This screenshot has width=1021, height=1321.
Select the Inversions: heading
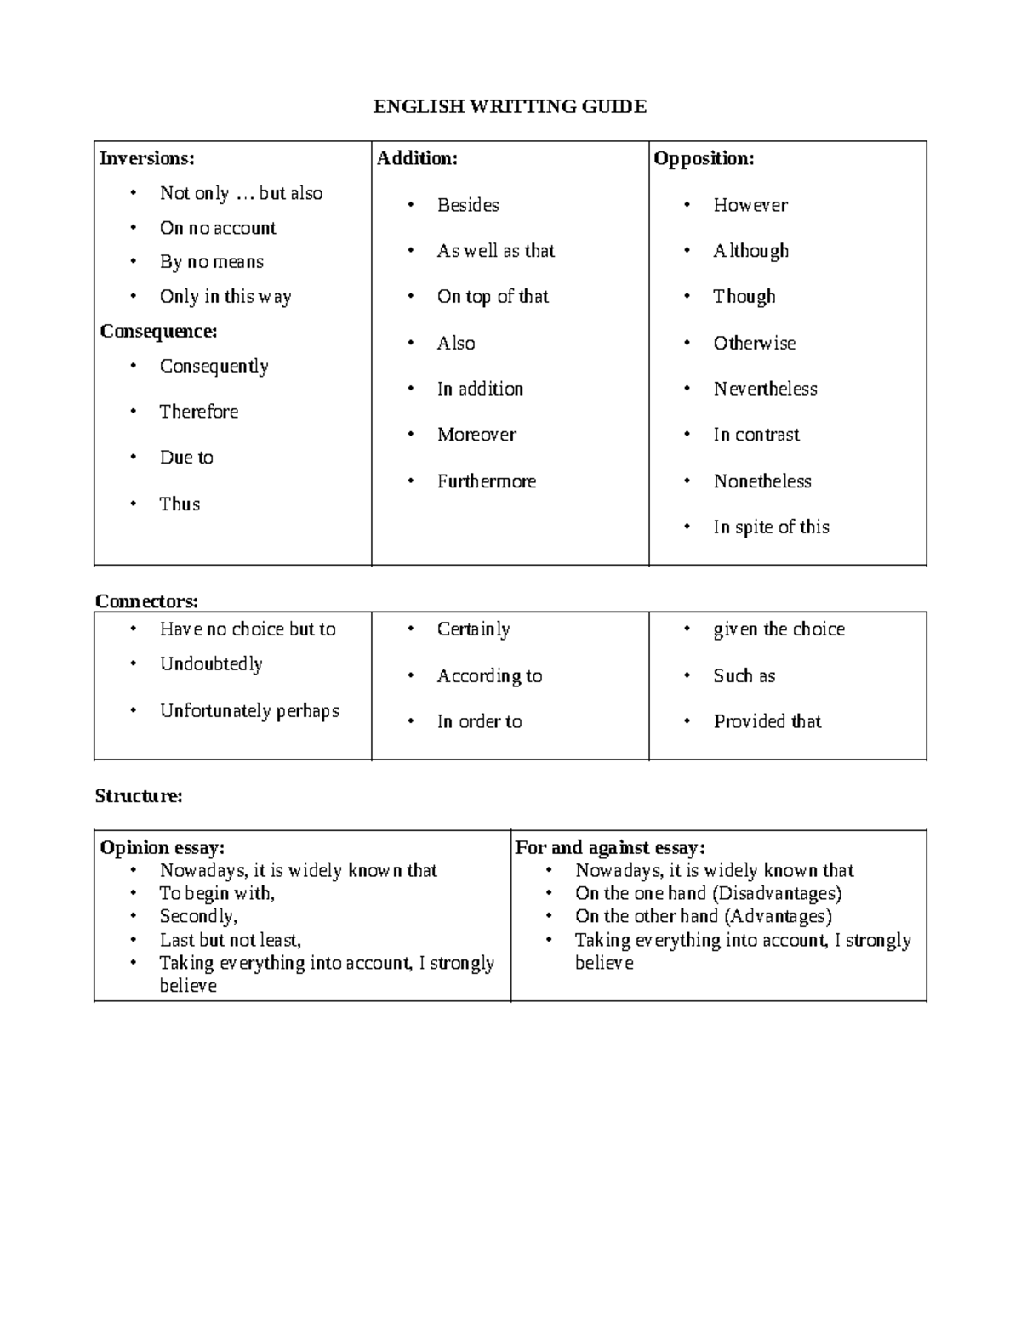pos(147,158)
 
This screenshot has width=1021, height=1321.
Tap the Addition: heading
pos(417,158)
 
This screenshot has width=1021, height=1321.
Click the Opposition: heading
pos(704,158)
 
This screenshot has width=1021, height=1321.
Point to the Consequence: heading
pos(158,331)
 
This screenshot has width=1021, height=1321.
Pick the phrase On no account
pos(218,228)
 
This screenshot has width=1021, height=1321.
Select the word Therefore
pos(199,412)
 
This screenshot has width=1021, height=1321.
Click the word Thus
pos(180,504)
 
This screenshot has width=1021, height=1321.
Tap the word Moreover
pos(476,435)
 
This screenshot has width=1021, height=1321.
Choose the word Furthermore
pos(487,481)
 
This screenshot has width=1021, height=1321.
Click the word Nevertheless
pos(765,389)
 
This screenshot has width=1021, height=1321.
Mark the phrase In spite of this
pos(771,527)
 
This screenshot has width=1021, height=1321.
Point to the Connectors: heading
pos(146,601)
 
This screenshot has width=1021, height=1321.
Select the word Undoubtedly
pos(211,663)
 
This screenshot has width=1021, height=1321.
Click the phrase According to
pos(489,675)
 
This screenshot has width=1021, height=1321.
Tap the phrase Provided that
pos(767,721)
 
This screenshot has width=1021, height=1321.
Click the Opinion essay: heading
pos(163,847)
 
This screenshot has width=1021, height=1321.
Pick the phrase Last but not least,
pos(231,940)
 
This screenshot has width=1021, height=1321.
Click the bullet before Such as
pos(687,675)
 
